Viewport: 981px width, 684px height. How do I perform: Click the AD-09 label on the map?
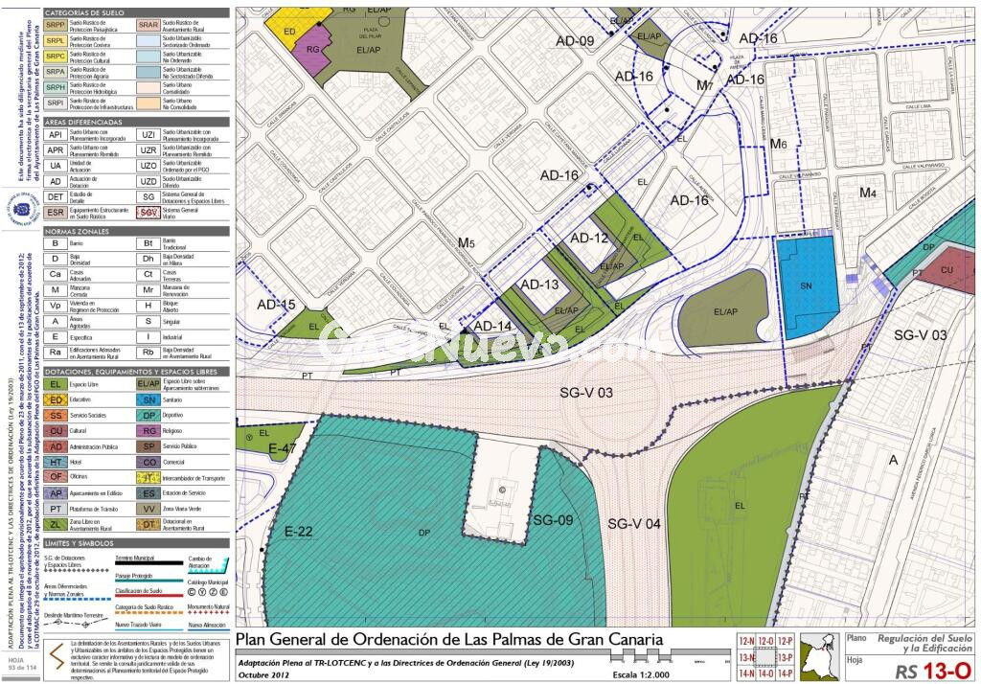(574, 40)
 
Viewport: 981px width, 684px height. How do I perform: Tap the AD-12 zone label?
(589, 238)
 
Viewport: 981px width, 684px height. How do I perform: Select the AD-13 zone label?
(539, 284)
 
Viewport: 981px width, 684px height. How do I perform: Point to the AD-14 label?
(493, 326)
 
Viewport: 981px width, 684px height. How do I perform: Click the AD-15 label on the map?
(276, 305)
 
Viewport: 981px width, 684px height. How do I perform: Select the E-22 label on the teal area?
(299, 532)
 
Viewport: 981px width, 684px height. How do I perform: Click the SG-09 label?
(552, 520)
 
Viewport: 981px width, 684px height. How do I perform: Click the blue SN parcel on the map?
(806, 285)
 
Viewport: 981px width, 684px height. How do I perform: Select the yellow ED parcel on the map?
(289, 29)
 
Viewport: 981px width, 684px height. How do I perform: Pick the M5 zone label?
(466, 243)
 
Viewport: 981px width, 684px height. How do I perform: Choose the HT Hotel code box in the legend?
(57, 462)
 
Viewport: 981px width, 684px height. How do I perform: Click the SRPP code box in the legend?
(56, 25)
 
